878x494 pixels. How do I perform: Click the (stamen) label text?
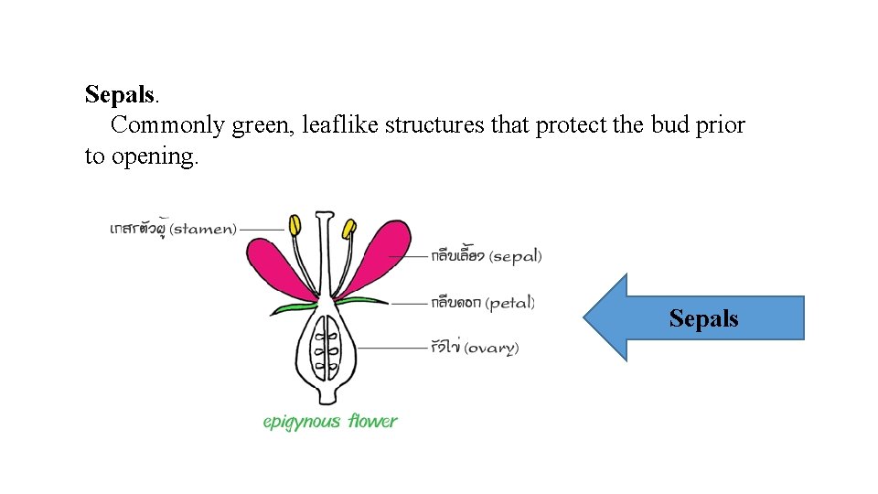coord(203,229)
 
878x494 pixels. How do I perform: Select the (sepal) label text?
coord(515,257)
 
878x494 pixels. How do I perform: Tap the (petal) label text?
coord(510,303)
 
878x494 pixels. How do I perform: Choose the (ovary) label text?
coord(491,348)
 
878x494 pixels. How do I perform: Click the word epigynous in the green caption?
coord(302,422)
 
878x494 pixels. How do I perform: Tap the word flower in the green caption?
coord(371,422)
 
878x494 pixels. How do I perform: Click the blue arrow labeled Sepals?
coord(695,318)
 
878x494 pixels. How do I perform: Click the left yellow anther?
coord(295,225)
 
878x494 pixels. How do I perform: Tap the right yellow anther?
coord(348,227)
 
